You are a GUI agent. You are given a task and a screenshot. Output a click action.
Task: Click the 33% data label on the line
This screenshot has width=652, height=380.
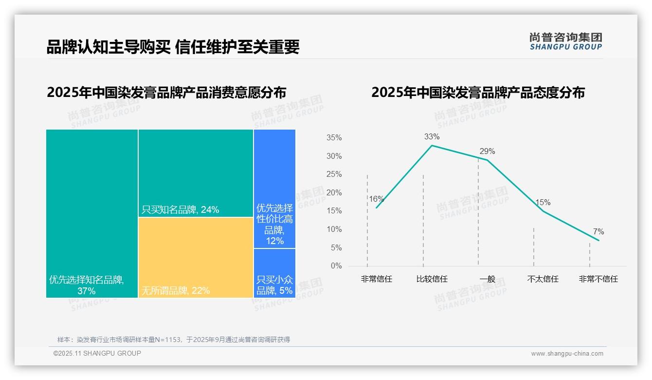pos(432,137)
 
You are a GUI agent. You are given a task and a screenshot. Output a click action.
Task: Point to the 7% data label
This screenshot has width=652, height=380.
pos(598,232)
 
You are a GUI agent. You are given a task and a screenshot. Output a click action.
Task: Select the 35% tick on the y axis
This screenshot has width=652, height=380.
pos(334,138)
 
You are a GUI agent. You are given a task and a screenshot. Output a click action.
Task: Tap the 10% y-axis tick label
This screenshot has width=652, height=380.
pos(334,229)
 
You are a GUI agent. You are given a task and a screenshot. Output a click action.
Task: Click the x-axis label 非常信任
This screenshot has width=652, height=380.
pos(376,279)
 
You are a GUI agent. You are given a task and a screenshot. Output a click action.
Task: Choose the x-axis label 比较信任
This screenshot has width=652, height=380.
pos(432,279)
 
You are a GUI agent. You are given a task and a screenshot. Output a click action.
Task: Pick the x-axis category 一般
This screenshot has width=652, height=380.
pos(487,279)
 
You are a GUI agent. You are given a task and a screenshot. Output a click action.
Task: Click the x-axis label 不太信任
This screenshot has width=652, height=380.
pos(543,279)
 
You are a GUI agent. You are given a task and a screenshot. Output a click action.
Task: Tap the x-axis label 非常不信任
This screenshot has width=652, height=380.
pos(598,279)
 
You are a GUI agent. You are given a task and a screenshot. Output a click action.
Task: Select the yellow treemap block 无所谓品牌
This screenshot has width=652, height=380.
pos(196,257)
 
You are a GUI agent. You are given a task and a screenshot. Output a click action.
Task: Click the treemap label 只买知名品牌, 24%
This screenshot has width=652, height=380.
pos(181,210)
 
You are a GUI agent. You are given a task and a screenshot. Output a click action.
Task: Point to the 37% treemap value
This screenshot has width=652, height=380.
pos(86,291)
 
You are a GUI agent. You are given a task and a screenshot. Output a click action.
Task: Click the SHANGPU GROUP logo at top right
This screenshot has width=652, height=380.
pos(565,41)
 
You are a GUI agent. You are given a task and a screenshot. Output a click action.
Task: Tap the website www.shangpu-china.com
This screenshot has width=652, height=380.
pos(567,354)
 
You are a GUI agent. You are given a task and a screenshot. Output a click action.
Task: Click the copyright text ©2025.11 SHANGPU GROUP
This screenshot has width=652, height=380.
pos(97,353)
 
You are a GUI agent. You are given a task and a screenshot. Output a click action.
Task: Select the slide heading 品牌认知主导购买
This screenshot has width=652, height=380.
pos(109,47)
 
